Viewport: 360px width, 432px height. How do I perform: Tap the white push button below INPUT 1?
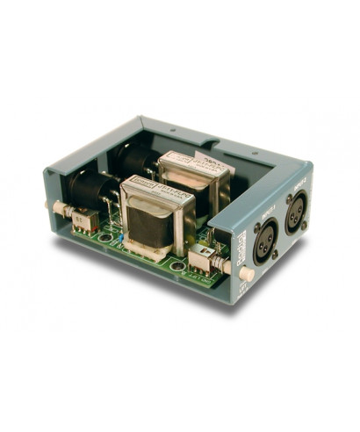click(248, 275)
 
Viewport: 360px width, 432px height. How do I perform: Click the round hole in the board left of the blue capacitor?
click(104, 237)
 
